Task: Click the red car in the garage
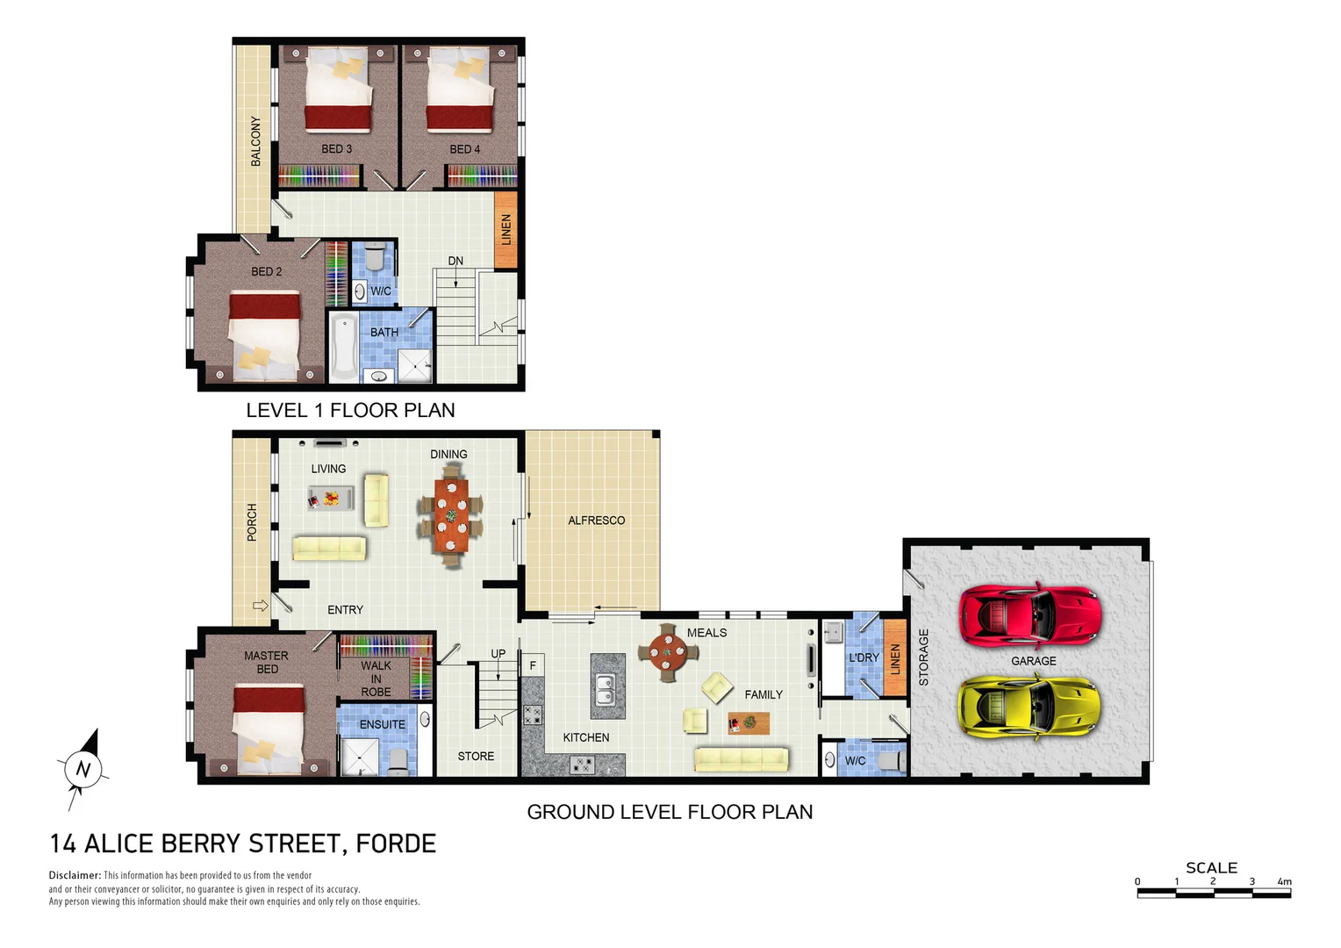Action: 1029,614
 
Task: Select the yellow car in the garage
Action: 1029,707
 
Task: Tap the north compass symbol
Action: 83,769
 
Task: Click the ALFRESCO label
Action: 596,521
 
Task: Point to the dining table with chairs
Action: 451,516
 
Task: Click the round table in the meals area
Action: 668,652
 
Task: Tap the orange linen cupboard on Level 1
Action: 506,229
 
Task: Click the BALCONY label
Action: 255,140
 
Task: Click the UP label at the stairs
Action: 498,654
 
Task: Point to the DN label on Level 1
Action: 455,261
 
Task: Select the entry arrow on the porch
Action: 260,606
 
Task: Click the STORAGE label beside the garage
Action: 923,657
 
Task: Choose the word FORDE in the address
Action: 396,844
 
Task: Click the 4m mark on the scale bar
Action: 1284,882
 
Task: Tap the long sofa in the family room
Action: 742,758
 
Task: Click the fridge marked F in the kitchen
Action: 533,665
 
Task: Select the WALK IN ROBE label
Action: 376,679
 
